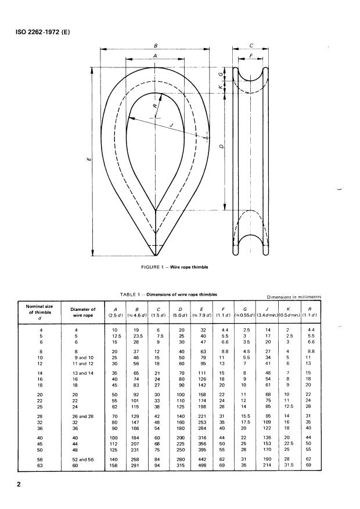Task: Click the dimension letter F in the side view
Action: (251, 57)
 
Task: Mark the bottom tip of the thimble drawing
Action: (154, 254)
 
